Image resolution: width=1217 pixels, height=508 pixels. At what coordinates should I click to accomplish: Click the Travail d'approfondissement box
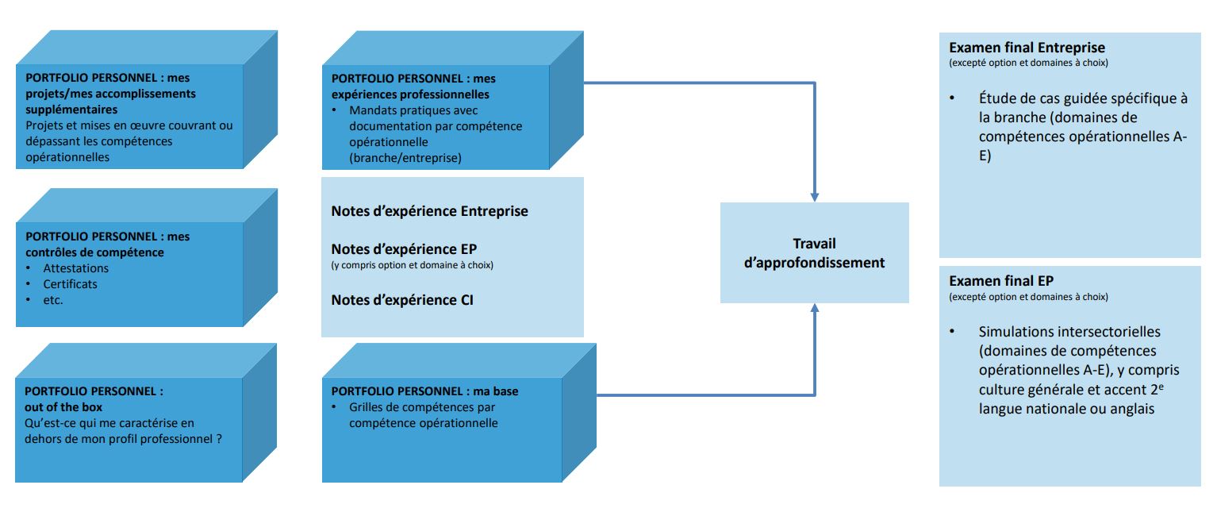[x=814, y=252]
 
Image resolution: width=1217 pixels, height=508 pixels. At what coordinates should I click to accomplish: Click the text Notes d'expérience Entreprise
[x=429, y=211]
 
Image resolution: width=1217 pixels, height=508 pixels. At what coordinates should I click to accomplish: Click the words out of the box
[x=64, y=407]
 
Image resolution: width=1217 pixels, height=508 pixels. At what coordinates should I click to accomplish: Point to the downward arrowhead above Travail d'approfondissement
[x=814, y=196]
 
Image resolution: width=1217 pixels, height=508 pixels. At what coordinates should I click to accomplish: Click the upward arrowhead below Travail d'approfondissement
[x=814, y=309]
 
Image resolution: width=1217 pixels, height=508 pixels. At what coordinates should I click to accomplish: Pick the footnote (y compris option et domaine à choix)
[x=412, y=265]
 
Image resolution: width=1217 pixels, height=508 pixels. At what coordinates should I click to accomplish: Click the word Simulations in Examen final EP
[x=1013, y=332]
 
